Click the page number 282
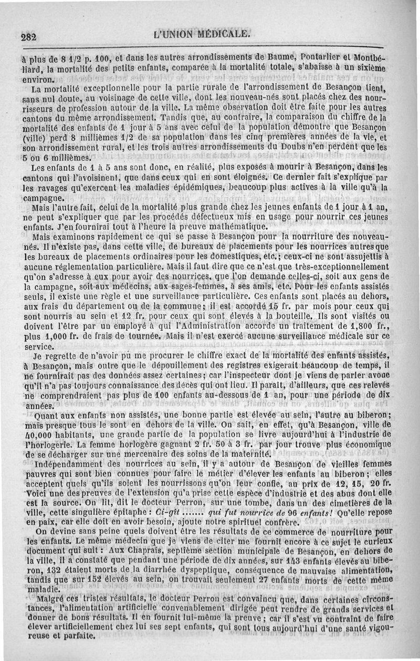(x=28, y=37)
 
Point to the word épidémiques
(x=215, y=188)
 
